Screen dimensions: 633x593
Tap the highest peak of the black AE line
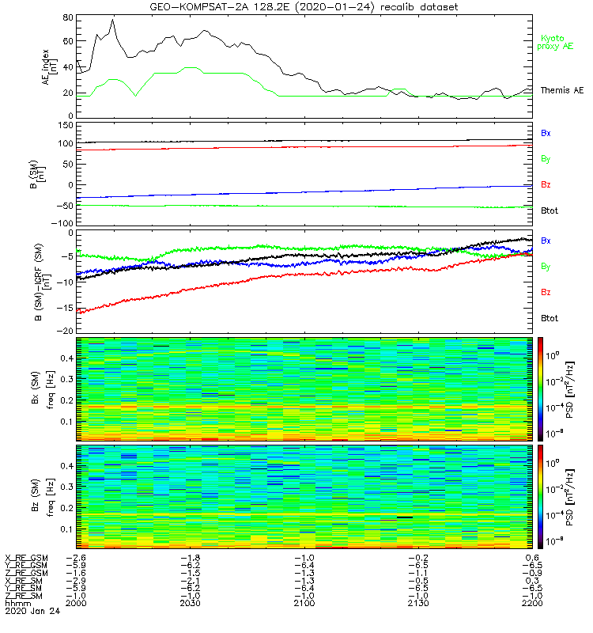click(x=113, y=19)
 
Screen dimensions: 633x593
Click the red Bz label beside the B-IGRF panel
click(x=546, y=292)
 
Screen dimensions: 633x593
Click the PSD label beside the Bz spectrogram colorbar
click(x=580, y=496)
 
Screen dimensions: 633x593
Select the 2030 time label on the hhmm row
click(x=191, y=604)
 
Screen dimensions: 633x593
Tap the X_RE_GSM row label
click(x=27, y=557)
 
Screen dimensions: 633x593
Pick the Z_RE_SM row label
click(x=25, y=596)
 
